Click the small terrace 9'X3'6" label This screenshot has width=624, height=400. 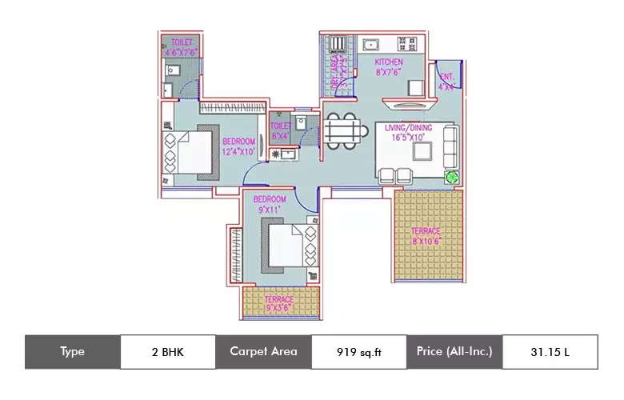[278, 304]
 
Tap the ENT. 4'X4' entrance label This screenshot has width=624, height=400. [447, 82]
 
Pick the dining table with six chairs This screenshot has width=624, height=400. [342, 130]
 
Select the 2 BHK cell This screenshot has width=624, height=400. [167, 351]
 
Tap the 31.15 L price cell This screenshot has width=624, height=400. [550, 351]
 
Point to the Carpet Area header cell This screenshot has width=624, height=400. [263, 351]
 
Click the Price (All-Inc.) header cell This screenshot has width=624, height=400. [454, 351]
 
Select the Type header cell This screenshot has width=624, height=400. [72, 351]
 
